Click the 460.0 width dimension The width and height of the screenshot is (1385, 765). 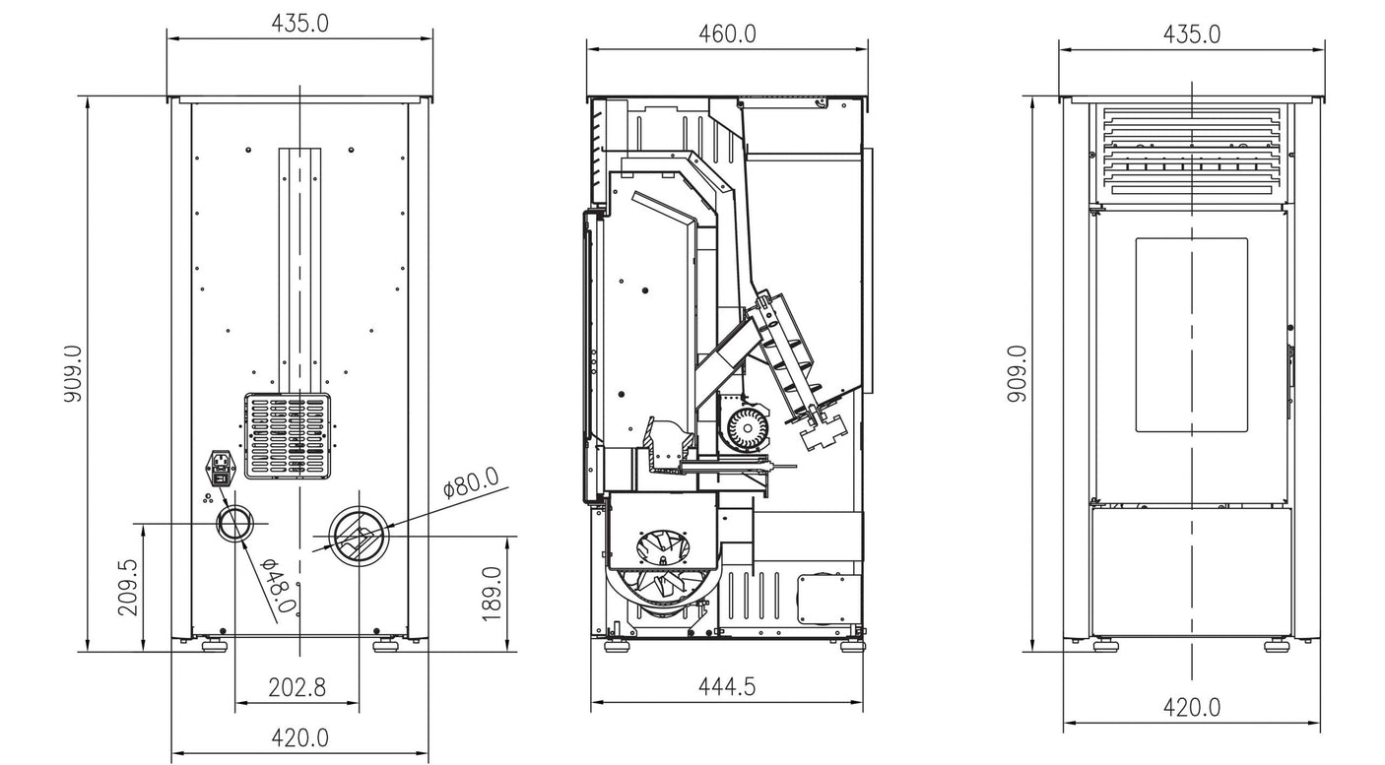[727, 34]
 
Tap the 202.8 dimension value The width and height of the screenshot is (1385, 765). [297, 687]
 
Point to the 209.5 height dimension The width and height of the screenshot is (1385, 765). [128, 587]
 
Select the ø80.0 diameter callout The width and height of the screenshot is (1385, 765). [471, 485]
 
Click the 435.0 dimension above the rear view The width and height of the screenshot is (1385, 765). [299, 24]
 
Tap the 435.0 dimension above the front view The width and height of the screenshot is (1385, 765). [1191, 34]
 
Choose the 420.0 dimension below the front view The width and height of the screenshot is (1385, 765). [1191, 707]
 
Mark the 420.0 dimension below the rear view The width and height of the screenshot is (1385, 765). [299, 736]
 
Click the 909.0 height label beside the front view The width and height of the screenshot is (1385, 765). [1017, 373]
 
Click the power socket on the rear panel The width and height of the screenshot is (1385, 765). [221, 469]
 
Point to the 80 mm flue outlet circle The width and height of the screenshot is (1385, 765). [359, 537]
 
